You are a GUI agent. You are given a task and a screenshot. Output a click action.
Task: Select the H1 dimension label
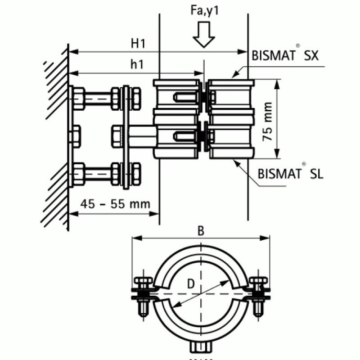(137, 43)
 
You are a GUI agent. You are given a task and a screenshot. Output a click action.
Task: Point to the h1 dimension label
(136, 64)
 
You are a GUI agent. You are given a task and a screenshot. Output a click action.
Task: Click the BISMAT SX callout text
(285, 56)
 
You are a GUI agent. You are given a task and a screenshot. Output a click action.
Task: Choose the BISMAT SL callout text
(291, 174)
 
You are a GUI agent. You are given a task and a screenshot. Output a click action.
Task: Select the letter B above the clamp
(201, 230)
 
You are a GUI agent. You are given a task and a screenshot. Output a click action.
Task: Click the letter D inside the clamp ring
(190, 284)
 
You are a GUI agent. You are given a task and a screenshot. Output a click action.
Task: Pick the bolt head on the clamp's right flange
(258, 283)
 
